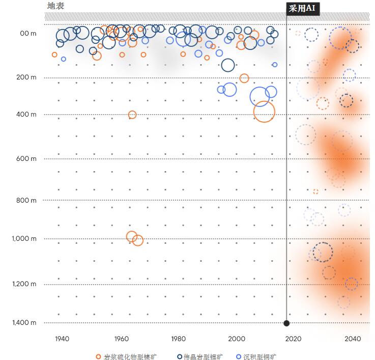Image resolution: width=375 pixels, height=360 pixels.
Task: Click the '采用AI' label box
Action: coord(303,9)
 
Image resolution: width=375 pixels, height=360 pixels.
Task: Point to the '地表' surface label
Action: coord(55,6)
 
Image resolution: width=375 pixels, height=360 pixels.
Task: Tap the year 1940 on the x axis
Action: coord(62,339)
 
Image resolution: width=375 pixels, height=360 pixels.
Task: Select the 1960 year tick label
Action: coord(121,339)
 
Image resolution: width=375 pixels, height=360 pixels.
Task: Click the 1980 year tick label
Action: coord(178,339)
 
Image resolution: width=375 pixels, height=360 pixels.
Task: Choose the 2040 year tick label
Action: coord(353,339)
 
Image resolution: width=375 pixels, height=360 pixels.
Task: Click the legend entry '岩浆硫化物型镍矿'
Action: coord(126,356)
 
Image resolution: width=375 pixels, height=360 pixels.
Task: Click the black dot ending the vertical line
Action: coord(286,323)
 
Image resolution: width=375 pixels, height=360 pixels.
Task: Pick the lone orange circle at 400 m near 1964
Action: coord(132,115)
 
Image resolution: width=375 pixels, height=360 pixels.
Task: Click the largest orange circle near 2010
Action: coord(264,112)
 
